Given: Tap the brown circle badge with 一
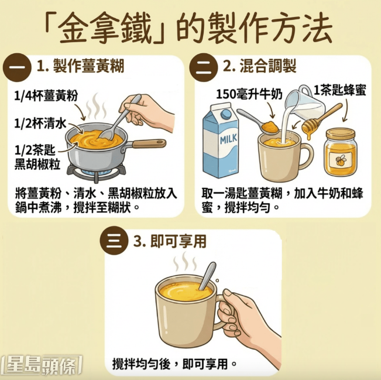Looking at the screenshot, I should point(18,68).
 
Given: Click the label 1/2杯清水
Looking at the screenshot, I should point(37,122).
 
